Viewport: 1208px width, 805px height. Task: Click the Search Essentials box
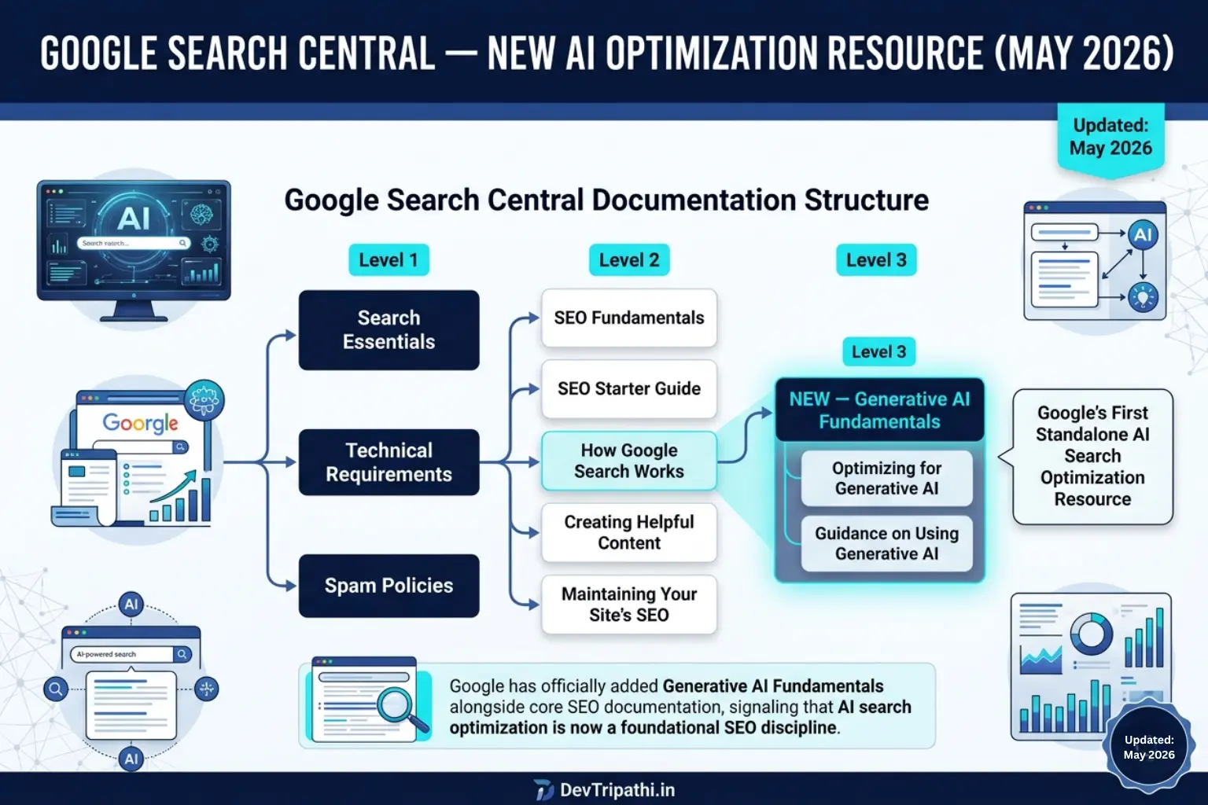389,330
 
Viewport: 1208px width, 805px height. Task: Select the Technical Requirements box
389,462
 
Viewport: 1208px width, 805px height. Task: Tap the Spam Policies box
389,586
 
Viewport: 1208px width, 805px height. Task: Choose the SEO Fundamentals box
629,318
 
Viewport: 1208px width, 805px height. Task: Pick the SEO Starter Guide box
629,389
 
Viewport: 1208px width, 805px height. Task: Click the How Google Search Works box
629,461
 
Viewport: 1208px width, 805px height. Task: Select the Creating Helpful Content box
629,533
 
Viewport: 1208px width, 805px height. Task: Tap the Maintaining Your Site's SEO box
629,605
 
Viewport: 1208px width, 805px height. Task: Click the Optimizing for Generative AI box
886,478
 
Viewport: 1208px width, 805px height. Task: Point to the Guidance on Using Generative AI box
886,543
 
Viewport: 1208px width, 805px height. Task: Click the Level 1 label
389,260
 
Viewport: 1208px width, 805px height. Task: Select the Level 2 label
629,260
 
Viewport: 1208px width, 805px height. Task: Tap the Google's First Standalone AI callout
1092,456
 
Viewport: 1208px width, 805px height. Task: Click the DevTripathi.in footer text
617,790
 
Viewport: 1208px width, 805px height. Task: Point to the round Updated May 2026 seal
1149,748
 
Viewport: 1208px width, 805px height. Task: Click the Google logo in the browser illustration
140,423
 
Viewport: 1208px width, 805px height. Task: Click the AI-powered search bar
130,654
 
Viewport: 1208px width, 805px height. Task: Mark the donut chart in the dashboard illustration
1092,634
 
